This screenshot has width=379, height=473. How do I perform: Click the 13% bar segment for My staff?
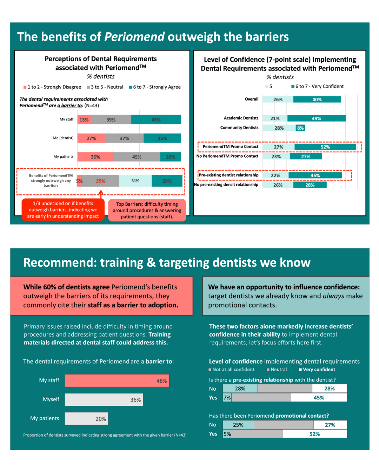coord(84,120)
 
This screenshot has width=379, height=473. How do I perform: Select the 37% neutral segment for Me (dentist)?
coord(124,138)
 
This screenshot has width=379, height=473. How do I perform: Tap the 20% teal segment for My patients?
coord(171,157)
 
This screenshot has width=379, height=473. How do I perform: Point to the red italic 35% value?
coord(100,181)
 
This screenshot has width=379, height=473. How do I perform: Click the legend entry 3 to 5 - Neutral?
coord(105,87)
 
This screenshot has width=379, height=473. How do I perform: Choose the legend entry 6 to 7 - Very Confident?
coord(317,86)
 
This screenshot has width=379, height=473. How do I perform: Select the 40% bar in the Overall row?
coord(317,100)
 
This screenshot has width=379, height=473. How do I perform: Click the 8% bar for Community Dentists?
coord(300,128)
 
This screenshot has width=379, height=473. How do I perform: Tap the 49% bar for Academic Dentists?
coord(316,118)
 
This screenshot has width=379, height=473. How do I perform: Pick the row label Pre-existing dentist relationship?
coord(228,175)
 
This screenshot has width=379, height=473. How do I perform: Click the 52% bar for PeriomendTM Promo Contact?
coord(325,147)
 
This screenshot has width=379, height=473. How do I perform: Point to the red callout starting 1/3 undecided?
coord(63,210)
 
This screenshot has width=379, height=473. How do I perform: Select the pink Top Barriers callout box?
coord(147,210)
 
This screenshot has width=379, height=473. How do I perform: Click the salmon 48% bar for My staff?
coord(117,381)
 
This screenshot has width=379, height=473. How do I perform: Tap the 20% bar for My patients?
coord(86,419)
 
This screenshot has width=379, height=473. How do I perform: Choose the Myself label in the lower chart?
coord(51,399)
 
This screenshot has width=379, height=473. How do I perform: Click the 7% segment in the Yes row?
coord(227,398)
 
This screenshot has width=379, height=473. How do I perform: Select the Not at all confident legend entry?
coord(232,370)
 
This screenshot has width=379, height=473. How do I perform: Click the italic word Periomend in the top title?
coord(134,37)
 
